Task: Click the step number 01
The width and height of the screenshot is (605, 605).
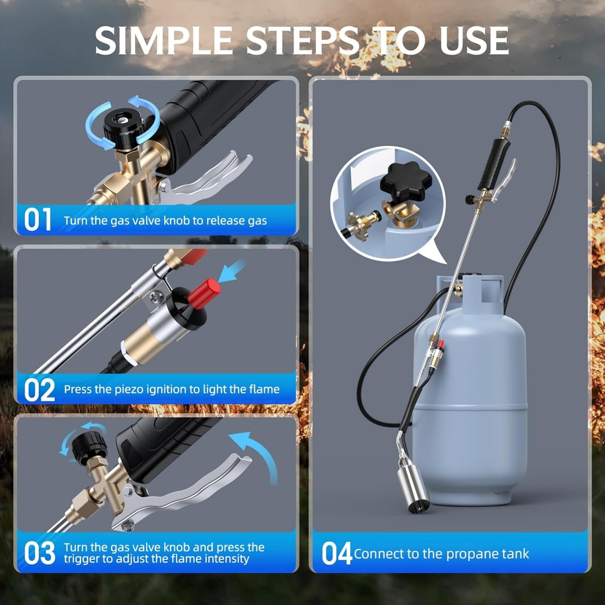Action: click(x=38, y=220)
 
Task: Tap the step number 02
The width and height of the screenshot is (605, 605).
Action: click(x=39, y=389)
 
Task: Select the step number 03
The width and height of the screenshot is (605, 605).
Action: click(x=39, y=553)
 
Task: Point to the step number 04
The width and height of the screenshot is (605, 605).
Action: click(x=336, y=554)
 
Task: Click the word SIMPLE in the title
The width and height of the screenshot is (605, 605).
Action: click(x=163, y=41)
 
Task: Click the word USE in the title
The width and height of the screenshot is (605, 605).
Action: click(x=474, y=41)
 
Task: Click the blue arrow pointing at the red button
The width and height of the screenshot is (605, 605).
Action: click(x=232, y=271)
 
